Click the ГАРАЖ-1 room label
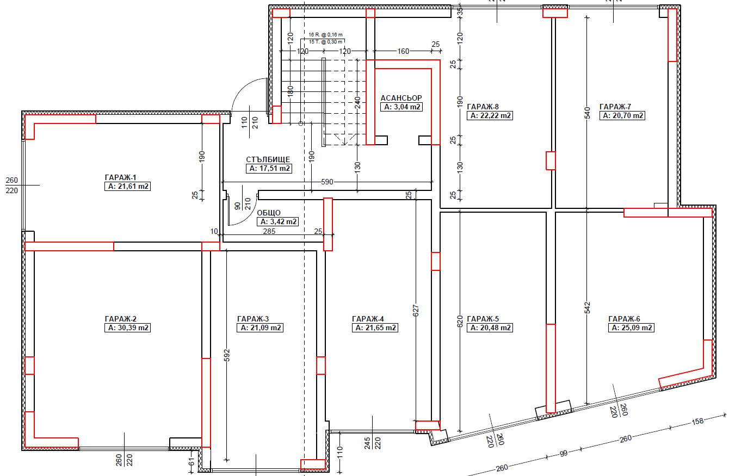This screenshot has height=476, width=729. pos(120,177)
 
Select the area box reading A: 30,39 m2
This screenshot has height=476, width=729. pos(127,327)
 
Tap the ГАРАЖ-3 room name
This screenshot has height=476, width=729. pos(253,319)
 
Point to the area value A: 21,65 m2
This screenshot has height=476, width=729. pos(375,327)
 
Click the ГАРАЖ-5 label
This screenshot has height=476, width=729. pos(483,319)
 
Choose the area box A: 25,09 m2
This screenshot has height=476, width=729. pos(632,327)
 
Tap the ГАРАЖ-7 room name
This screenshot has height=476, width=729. pos(615,107)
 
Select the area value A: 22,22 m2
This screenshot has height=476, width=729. pos(490,115)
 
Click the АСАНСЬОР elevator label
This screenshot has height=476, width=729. pos(401,98)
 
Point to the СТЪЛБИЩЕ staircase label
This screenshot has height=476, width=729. pos(268,160)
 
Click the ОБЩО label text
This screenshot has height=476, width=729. pos(269,213)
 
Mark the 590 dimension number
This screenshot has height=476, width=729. pos(327,182)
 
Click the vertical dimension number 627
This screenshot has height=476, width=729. pos(416,311)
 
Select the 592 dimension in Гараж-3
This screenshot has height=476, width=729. pos(227,355)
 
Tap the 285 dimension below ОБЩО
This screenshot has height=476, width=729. pos(269,231)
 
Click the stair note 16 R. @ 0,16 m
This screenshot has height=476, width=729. pos(325,34)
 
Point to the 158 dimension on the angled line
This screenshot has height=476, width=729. pos(698,422)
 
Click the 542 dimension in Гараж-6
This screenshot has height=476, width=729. pos(587,308)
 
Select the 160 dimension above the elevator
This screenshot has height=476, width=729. pos(403,51)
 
